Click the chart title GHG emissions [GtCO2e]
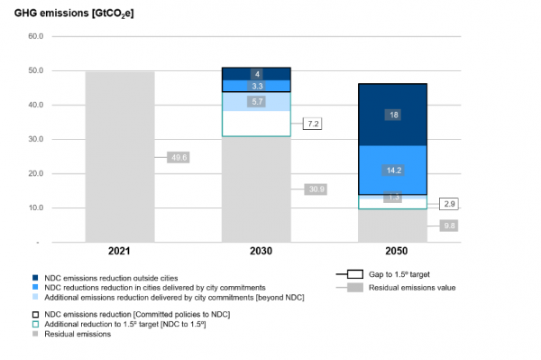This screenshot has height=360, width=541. click(74, 13)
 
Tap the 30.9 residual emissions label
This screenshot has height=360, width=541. click(316, 189)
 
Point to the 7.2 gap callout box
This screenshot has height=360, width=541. click(313, 124)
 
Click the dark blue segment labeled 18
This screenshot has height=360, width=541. click(393, 115)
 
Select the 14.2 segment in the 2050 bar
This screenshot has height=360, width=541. click(393, 170)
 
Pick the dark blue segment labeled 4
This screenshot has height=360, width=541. click(256, 73)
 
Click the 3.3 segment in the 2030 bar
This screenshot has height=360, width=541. click(256, 86)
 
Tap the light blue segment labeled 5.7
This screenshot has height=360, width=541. click(256, 102)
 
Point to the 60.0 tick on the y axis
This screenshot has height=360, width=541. click(35, 37)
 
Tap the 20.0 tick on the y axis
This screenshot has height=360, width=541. click(35, 173)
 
